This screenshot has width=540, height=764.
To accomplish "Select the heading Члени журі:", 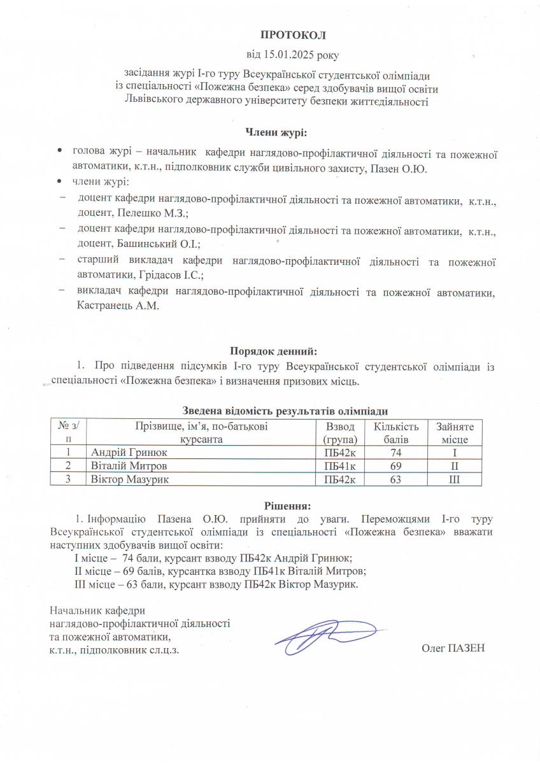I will pos(276,132).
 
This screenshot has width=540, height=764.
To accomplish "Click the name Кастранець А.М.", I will pos(117,306).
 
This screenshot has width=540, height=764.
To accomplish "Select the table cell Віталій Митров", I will pos(123,466).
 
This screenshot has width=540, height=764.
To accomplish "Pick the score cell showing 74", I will pos(395,453).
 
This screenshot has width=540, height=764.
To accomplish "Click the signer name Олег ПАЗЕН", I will pos(453,648).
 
